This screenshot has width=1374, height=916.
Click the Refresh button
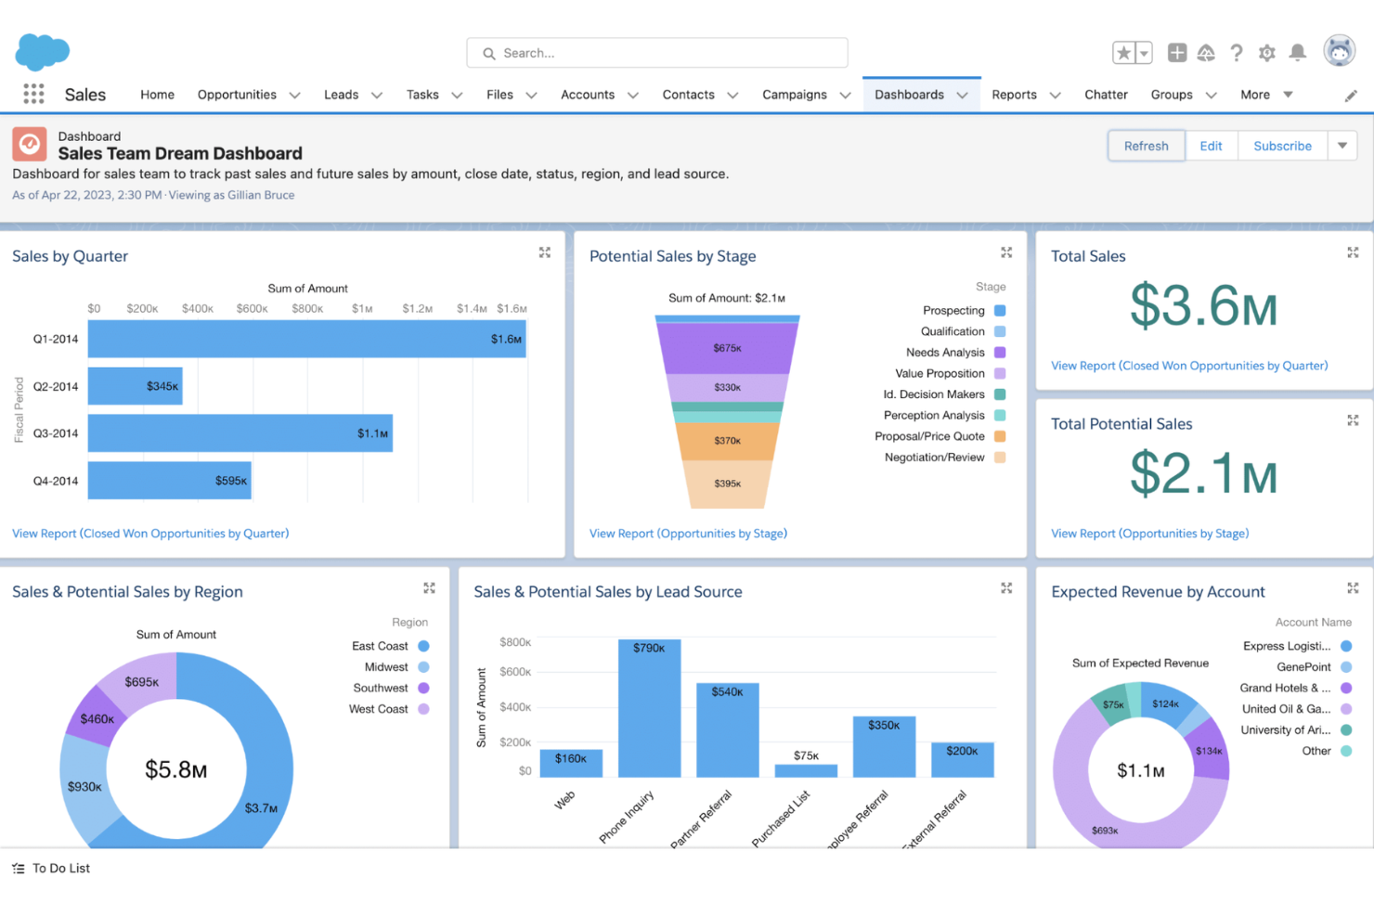coord(1146,146)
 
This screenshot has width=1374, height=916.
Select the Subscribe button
coord(1282,146)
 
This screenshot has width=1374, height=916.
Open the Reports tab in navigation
coord(1014,95)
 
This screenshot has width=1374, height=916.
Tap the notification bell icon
coord(1298,53)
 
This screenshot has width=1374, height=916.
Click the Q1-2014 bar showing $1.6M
coord(306,339)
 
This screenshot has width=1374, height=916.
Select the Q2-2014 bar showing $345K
coord(135,386)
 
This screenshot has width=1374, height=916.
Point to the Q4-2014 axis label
coord(56,481)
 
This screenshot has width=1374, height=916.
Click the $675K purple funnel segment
coord(727,348)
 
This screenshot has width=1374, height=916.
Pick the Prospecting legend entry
coord(953,310)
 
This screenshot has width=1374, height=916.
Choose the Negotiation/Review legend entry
coord(934,458)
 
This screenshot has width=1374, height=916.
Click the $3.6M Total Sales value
coord(1203,306)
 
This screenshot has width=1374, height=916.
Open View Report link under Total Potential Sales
coord(1149,534)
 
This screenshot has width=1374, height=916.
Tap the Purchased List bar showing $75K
coord(806,770)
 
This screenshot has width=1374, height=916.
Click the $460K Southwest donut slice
coord(97,718)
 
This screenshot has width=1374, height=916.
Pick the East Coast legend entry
coord(380,646)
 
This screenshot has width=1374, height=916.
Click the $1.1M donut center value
coord(1140,770)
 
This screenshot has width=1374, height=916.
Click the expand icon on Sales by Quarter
coord(545,252)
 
